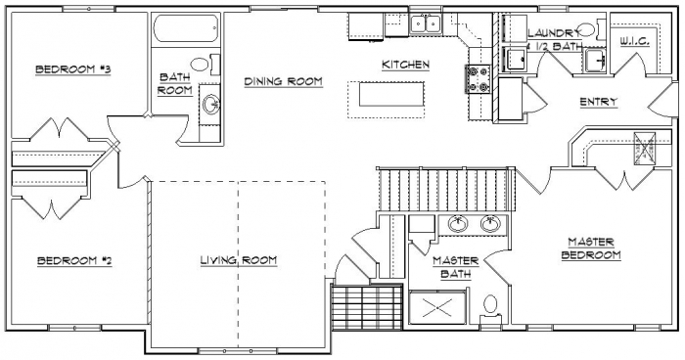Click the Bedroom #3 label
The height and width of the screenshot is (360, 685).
73,69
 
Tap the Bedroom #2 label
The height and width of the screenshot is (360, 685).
74,261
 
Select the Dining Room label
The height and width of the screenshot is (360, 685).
283,81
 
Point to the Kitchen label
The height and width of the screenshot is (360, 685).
405,65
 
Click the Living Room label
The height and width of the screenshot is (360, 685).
239,260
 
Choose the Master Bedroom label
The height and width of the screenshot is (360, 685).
591,248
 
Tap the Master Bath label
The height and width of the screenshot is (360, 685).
456,267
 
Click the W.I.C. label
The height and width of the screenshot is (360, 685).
635,41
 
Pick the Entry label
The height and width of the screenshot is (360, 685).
599,102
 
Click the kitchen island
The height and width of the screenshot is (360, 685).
391,94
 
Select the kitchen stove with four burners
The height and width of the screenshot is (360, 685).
478,79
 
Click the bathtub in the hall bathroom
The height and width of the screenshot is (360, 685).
186,28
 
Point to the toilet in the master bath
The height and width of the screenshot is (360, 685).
490,307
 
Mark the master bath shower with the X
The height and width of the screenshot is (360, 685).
437,308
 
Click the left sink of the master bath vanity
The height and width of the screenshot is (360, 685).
457,224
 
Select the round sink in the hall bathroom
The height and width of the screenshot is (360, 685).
211,104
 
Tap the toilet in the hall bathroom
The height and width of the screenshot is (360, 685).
205,66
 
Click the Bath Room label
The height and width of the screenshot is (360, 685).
175,84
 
